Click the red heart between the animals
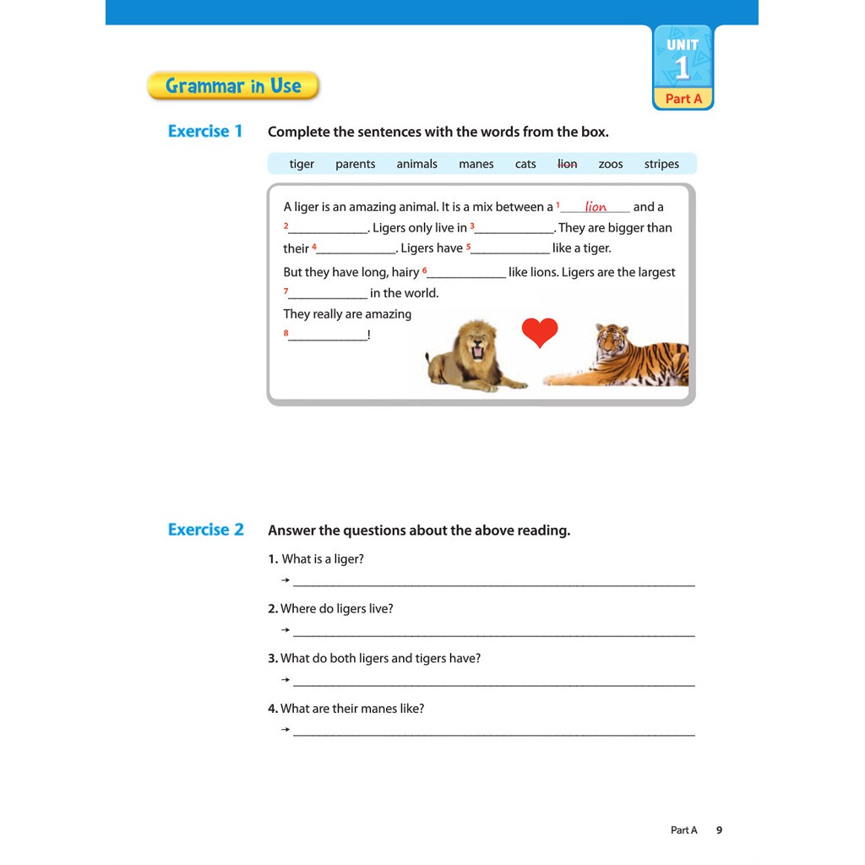(x=540, y=332)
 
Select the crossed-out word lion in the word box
(x=568, y=164)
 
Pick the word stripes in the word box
(x=661, y=164)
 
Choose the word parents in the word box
(x=355, y=164)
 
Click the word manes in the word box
(x=476, y=164)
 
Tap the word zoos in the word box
(x=611, y=164)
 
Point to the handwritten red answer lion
(x=596, y=207)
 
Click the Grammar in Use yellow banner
(x=233, y=86)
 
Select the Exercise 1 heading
(x=205, y=131)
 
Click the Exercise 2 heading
(x=205, y=530)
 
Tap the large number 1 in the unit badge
(x=683, y=68)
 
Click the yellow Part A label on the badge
(x=683, y=99)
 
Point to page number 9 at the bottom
(x=720, y=830)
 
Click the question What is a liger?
(x=322, y=559)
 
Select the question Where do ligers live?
(x=336, y=609)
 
